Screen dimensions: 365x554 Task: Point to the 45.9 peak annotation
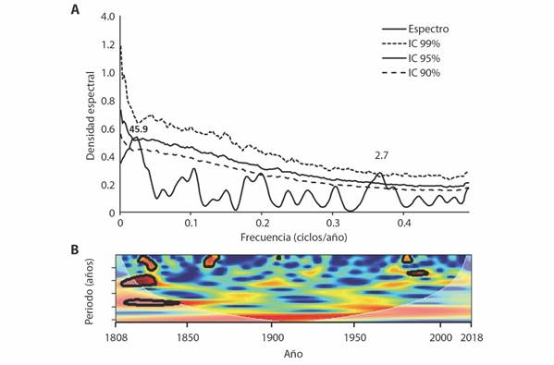pos(138,128)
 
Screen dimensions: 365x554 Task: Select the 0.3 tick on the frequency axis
pos(331,224)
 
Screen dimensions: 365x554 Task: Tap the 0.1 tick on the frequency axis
pos(190,224)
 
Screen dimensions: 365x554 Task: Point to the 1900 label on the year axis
pos(271,339)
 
